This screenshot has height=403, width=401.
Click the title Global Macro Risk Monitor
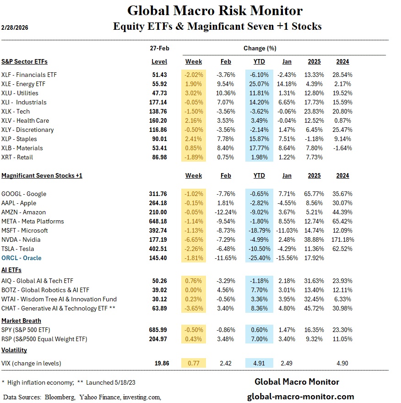[x=214, y=11]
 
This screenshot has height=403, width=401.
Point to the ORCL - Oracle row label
[x=22, y=258]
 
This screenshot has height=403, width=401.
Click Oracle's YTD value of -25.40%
[x=259, y=258]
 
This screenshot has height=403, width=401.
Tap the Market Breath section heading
[x=21, y=321]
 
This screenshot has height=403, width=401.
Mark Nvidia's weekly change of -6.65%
[x=194, y=240]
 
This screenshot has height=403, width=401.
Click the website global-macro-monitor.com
[x=300, y=397]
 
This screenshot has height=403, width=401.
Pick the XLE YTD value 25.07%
[x=259, y=84]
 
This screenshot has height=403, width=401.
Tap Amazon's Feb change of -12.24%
[x=226, y=212]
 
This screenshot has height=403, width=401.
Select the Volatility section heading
[x=14, y=350]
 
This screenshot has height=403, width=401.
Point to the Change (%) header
[x=260, y=48]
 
